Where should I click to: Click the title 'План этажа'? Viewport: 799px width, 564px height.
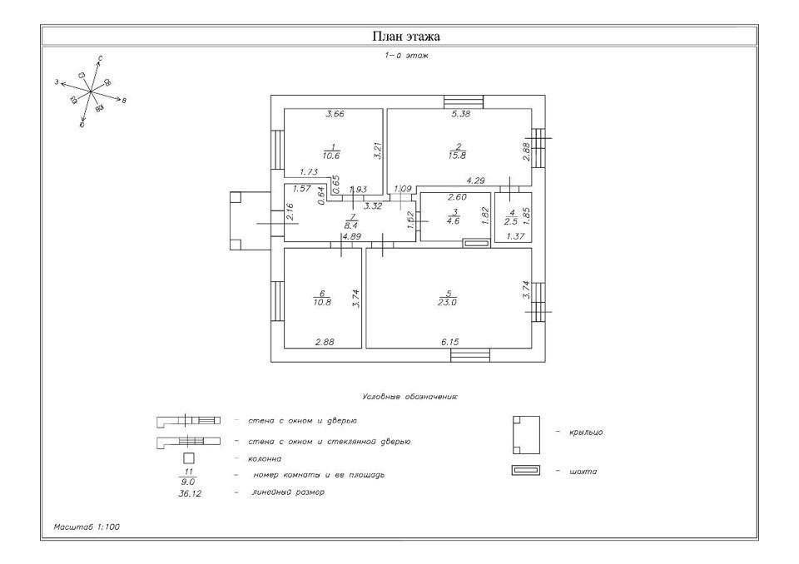click(x=405, y=37)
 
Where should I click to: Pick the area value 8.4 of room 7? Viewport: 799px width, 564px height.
click(x=352, y=225)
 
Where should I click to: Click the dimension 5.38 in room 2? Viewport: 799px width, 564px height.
click(x=460, y=115)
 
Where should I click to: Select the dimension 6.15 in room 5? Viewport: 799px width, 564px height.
click(x=449, y=342)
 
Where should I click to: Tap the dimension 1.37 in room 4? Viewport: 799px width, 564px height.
click(x=513, y=237)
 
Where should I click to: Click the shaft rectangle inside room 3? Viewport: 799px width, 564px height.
click(x=476, y=243)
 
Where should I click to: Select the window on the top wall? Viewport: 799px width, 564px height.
click(x=458, y=101)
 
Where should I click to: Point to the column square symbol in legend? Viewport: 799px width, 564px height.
click(x=188, y=458)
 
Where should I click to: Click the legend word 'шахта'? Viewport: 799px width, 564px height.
click(x=583, y=472)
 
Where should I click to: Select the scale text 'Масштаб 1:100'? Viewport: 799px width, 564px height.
click(x=87, y=527)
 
